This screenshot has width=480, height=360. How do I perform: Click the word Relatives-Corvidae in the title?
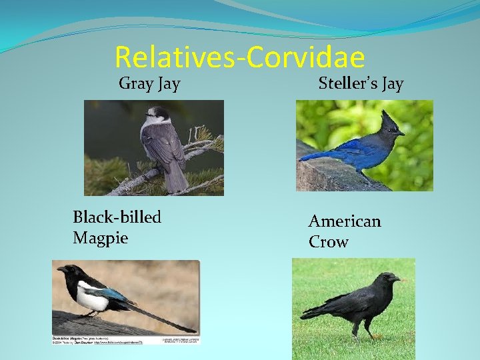click(x=239, y=57)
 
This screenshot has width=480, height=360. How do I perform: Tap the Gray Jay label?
click(x=149, y=84)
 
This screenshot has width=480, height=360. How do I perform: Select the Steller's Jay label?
click(x=361, y=84)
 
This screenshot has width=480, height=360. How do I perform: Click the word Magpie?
click(x=100, y=238)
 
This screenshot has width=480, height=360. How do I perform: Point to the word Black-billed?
click(x=117, y=217)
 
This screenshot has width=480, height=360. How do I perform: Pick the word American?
click(x=345, y=221)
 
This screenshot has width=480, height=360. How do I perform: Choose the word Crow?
click(x=328, y=242)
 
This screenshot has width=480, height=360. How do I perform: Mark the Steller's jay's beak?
click(x=401, y=133)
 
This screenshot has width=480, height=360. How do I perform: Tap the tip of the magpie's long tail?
click(x=193, y=330)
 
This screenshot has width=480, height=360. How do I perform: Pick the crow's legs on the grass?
click(x=361, y=329)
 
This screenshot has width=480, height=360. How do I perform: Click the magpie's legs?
click(x=87, y=314)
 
